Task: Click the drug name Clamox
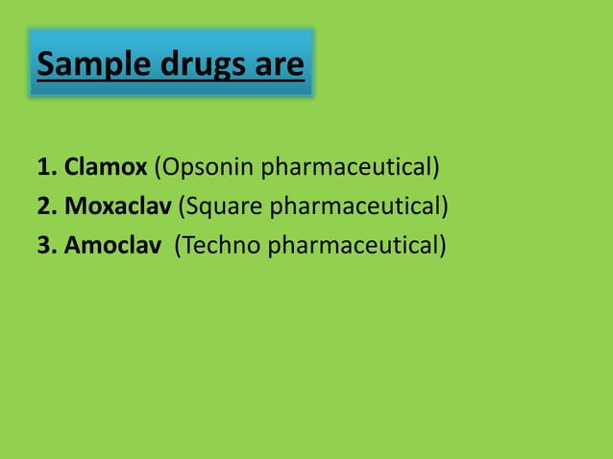(x=106, y=168)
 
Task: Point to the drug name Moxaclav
(x=119, y=206)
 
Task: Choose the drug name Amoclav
(x=112, y=245)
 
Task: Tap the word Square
(x=225, y=206)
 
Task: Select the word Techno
(x=221, y=245)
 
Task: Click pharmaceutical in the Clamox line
(x=346, y=168)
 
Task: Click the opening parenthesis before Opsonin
(x=158, y=168)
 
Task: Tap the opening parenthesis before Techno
(x=177, y=245)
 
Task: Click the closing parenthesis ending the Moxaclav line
(x=445, y=206)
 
